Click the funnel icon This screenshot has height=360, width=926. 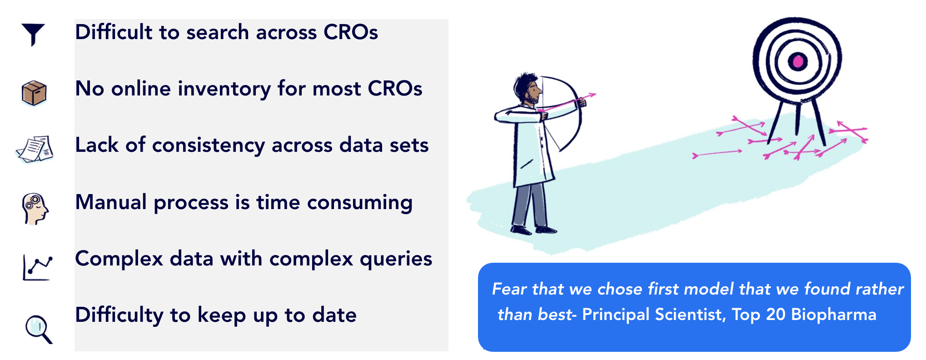(33, 34)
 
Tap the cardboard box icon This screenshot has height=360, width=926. (34, 93)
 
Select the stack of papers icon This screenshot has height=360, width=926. (35, 149)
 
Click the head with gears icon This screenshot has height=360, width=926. (35, 209)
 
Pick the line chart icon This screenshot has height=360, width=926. (37, 268)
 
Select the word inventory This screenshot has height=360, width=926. (225, 89)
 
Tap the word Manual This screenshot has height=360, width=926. (111, 202)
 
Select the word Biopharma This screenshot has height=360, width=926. (834, 315)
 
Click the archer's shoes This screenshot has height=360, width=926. (533, 229)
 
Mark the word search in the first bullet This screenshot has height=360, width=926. (217, 33)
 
